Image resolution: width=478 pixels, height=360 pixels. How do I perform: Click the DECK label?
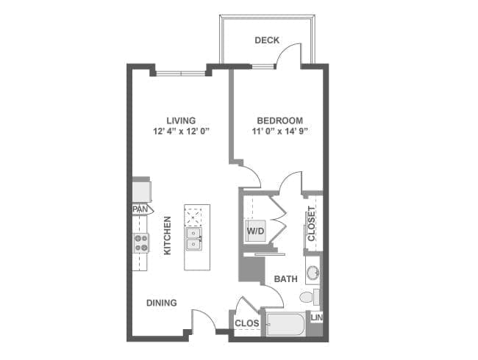point(267,40)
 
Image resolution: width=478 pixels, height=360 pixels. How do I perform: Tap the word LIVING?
point(180,120)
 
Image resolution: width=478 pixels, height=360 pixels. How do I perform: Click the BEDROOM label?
point(279,120)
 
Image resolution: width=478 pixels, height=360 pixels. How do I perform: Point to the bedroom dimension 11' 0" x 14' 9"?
point(279,132)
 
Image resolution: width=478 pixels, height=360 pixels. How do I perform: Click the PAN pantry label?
point(139,209)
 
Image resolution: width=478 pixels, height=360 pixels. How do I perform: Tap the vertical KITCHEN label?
point(168,235)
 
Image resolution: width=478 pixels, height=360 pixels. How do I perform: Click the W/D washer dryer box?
point(256,231)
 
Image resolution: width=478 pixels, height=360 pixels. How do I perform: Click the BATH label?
point(285,279)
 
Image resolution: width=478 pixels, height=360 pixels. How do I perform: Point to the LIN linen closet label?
point(316,317)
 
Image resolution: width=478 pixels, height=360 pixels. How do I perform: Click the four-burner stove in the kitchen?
point(140,242)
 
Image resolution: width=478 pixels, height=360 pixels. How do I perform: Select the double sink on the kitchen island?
point(194,238)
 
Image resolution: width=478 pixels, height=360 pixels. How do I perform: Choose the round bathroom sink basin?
point(313,273)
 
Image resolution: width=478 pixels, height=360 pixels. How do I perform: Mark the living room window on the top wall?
point(182,72)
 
